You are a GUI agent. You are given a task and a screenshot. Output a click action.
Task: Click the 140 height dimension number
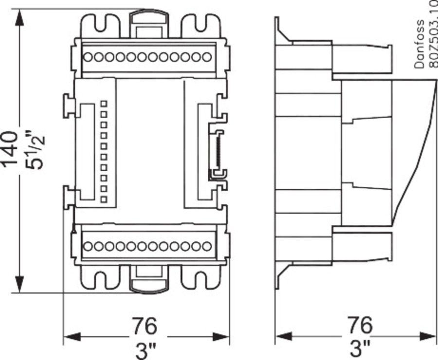(x=12, y=149)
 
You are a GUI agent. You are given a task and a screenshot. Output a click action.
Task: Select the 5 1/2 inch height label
(x=36, y=150)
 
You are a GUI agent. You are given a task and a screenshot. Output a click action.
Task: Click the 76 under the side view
(x=360, y=324)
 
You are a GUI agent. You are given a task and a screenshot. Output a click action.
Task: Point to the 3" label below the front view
(x=145, y=348)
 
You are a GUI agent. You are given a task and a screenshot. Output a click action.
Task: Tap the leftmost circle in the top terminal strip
(x=88, y=57)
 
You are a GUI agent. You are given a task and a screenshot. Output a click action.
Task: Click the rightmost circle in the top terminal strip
(x=207, y=57)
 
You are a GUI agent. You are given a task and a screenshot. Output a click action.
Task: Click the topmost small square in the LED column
(x=103, y=104)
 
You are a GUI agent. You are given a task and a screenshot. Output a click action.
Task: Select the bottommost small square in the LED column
(x=103, y=199)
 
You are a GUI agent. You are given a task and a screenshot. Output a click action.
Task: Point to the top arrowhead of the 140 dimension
(x=20, y=17)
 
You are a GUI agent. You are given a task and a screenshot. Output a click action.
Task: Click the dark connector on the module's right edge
(x=214, y=151)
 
